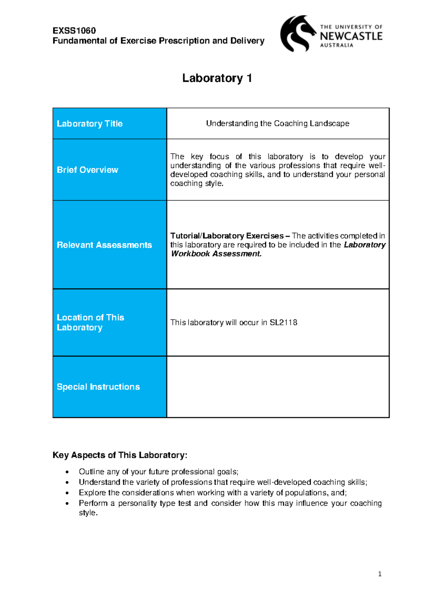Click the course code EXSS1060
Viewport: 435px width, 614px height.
(74, 30)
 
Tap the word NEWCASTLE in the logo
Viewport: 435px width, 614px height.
(351, 36)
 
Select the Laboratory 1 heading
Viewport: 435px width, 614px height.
(217, 78)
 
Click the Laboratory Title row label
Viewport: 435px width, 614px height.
(90, 124)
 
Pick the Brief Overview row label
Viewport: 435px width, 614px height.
(87, 170)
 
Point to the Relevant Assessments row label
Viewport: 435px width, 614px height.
(104, 245)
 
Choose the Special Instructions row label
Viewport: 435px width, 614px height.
(98, 387)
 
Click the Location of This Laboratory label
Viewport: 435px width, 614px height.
(90, 322)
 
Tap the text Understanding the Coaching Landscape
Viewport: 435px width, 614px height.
(277, 123)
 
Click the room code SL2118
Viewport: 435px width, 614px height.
(283, 323)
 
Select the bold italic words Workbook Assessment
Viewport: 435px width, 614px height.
(216, 254)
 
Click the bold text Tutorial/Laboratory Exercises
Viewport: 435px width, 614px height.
(227, 236)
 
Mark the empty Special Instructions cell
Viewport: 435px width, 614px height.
(277, 387)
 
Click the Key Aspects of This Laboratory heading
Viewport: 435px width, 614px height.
(120, 455)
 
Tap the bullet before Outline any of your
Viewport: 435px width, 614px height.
(67, 472)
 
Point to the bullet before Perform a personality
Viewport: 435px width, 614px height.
(67, 504)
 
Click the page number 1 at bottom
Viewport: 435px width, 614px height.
(380, 574)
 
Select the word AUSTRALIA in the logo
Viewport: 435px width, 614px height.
(336, 45)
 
